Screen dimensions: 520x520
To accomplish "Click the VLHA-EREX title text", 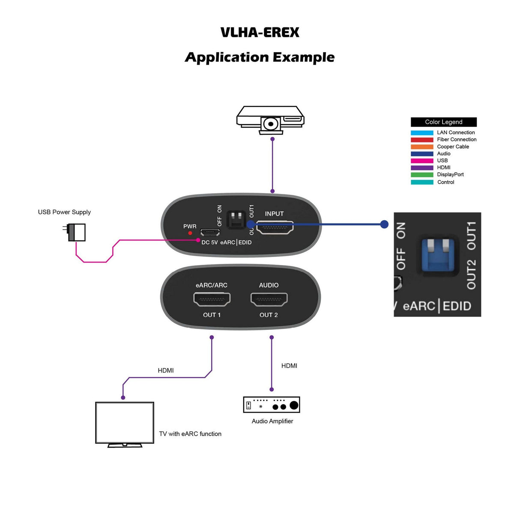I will tap(260, 33).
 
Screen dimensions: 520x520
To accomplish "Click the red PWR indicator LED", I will tap(190, 233).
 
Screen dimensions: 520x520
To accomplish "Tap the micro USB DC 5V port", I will tap(210, 232).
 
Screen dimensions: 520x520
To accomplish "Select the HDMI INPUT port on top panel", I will tap(275, 227).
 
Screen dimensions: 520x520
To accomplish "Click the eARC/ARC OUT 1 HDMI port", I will tap(212, 299).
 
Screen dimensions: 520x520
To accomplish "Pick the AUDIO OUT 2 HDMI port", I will tap(269, 299).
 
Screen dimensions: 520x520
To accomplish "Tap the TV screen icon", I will tap(124, 422).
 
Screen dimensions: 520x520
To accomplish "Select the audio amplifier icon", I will tap(272, 404).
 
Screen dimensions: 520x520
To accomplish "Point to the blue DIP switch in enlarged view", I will tap(437, 255).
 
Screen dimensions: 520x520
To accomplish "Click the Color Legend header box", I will tap(443, 122).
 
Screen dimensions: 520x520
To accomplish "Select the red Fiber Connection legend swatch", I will tap(422, 140).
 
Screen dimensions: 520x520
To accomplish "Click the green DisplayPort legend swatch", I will tap(422, 175).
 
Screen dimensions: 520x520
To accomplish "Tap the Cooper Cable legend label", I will tap(453, 146).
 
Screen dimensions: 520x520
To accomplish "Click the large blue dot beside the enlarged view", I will tap(384, 224).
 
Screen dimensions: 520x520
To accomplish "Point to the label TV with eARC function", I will tap(190, 434).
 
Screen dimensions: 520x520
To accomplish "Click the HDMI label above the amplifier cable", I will tap(289, 366).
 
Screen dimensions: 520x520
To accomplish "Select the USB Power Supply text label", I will tap(64, 212).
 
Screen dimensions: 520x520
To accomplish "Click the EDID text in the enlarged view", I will tap(457, 306).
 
